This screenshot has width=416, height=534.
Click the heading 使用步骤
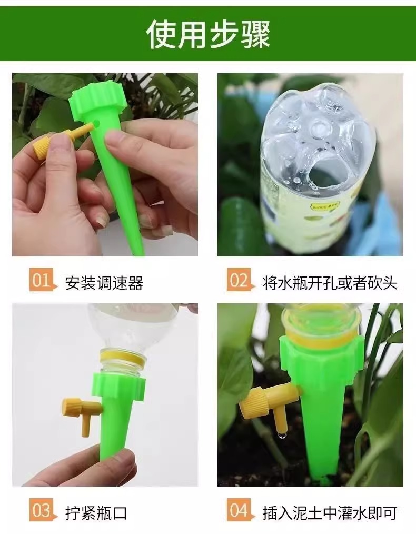coord(208,34)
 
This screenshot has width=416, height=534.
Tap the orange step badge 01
coord(41,280)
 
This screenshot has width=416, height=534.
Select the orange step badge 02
coord(239,280)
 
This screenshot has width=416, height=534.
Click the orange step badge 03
coord(41,510)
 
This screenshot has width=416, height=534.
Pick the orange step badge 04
coord(239,510)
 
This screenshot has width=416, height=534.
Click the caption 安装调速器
coord(104,283)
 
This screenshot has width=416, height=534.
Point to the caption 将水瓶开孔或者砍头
coord(330,283)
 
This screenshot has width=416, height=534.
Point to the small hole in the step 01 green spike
coord(97,123)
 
